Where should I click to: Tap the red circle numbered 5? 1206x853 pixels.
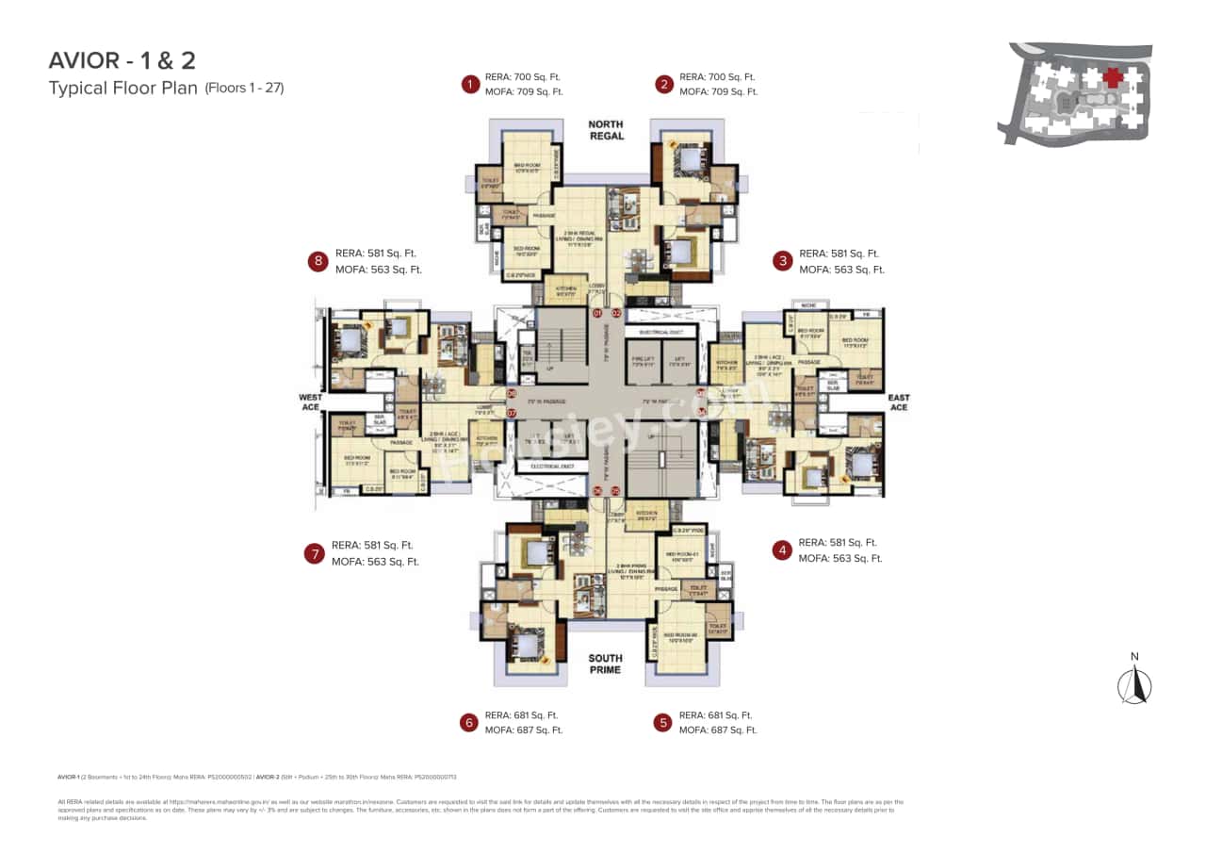(x=663, y=722)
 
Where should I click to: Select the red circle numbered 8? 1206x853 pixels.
(x=318, y=261)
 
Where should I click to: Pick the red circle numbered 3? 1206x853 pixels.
(x=781, y=261)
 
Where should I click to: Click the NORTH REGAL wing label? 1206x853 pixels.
(x=606, y=130)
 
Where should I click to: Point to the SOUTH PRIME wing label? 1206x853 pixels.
(x=605, y=664)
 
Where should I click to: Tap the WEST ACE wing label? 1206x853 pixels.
(x=311, y=402)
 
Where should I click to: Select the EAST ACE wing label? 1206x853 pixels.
(x=899, y=402)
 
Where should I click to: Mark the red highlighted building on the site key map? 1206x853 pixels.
(x=1113, y=77)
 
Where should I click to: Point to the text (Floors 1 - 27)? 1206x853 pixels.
(x=244, y=89)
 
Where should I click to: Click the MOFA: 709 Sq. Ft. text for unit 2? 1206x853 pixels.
(x=718, y=91)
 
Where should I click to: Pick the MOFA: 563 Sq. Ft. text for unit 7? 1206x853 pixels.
(x=375, y=562)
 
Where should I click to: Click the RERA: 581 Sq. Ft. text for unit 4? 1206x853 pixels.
(x=838, y=543)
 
